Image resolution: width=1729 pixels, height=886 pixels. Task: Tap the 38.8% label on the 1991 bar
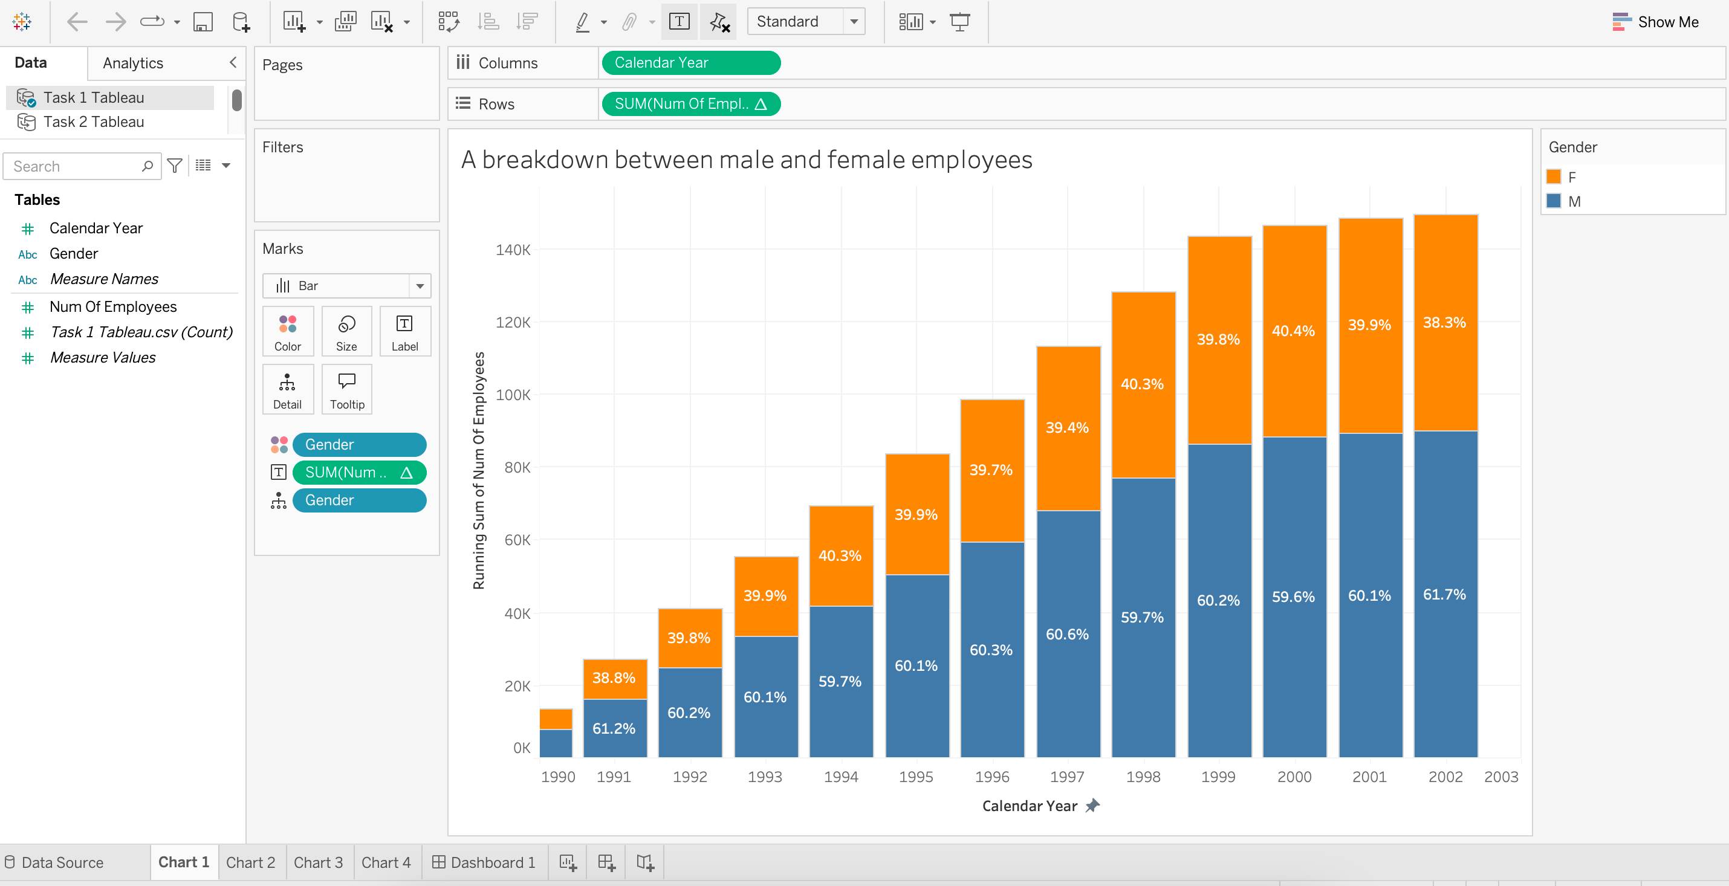point(614,678)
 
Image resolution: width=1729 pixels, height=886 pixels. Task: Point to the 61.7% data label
point(1444,595)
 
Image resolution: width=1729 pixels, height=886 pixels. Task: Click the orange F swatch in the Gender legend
point(1553,177)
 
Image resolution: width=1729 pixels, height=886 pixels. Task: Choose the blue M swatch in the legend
point(1553,201)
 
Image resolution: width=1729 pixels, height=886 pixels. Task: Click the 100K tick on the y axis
point(513,395)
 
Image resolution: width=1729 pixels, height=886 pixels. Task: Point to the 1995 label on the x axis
point(916,777)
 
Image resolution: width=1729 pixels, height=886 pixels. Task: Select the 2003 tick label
point(1501,777)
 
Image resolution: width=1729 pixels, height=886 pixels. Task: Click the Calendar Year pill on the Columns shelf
point(690,63)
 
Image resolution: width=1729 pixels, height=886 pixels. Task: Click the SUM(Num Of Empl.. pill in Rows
point(690,104)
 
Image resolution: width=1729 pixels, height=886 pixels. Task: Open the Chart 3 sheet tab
point(318,862)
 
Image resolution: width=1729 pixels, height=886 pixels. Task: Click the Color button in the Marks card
point(287,332)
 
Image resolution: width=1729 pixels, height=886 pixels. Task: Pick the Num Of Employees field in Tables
point(113,307)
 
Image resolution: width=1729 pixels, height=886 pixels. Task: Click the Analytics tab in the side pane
point(133,63)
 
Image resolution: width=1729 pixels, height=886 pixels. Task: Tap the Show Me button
point(1655,22)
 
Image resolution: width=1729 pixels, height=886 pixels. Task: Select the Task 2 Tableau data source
point(93,122)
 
